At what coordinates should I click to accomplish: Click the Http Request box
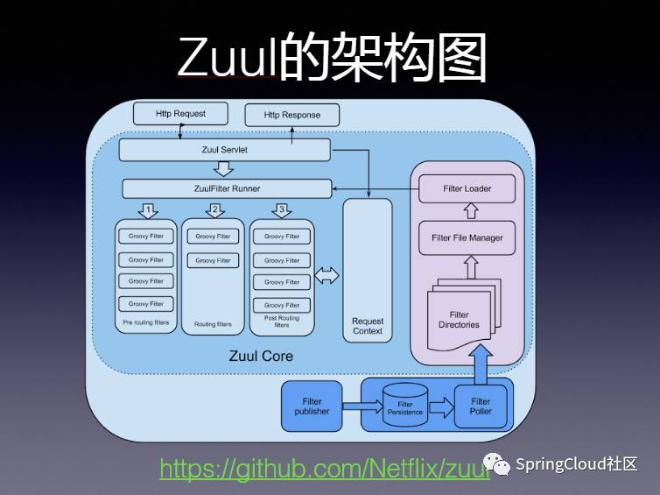point(180,114)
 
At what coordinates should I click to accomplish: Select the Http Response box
point(291,115)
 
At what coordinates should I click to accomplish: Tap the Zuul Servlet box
point(224,150)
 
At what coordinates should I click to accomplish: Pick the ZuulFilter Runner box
point(227,188)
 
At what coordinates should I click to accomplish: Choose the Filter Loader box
point(467,188)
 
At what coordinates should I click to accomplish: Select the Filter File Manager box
point(467,237)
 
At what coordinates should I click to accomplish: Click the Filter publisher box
point(312,406)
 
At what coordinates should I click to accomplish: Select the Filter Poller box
point(481,406)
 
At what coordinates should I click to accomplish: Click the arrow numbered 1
point(148,210)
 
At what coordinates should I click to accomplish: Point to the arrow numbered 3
point(280,210)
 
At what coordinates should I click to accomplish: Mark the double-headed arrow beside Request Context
point(326,276)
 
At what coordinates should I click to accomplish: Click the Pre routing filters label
point(145,323)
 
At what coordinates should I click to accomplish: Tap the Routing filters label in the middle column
point(213,324)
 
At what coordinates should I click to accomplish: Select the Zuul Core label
point(261,356)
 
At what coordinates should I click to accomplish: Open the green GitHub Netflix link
point(324,469)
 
